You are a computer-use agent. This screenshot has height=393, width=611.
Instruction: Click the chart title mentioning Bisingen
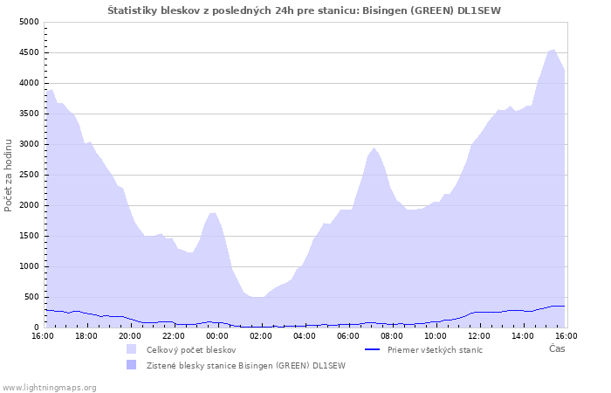click(304, 10)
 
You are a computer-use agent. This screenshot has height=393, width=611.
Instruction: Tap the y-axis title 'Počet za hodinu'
click(8, 176)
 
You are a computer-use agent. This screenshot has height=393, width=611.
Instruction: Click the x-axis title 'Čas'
click(557, 348)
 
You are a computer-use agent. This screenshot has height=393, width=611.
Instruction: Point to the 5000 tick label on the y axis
click(29, 22)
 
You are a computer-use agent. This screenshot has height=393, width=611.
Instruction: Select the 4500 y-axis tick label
click(29, 52)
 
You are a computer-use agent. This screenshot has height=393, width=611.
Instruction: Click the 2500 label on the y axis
click(29, 175)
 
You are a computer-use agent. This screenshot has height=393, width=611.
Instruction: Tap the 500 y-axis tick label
click(31, 297)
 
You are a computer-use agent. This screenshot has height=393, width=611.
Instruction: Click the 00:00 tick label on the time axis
click(217, 336)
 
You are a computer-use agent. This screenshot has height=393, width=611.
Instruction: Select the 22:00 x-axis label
click(174, 336)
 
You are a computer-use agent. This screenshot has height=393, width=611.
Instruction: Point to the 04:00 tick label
click(305, 336)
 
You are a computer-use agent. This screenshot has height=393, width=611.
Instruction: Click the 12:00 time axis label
click(479, 336)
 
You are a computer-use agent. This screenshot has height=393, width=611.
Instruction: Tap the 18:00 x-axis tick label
click(86, 336)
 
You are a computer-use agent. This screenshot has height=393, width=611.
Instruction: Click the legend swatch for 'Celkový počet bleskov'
click(131, 349)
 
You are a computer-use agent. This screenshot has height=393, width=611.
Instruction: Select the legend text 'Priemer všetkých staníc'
click(435, 349)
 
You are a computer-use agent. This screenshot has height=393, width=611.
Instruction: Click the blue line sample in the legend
click(372, 349)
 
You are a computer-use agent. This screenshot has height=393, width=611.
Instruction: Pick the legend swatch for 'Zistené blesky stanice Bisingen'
click(131, 365)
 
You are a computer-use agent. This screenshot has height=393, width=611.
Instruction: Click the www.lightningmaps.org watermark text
click(49, 388)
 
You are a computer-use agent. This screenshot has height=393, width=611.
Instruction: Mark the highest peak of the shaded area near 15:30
click(553, 50)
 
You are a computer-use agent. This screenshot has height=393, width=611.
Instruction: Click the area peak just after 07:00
click(374, 148)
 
